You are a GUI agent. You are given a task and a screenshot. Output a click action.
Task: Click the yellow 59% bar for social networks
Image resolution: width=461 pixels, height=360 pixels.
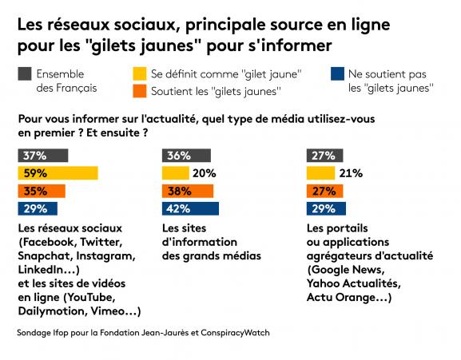point(58,173)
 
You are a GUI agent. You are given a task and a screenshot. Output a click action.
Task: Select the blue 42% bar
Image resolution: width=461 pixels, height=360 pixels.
point(190,208)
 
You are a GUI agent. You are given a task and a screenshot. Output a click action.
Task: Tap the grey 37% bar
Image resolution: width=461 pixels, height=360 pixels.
point(43,156)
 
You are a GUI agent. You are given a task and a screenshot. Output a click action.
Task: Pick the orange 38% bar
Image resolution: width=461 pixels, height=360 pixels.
point(188,191)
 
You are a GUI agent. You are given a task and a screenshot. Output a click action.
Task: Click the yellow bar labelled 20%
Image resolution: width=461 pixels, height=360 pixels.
point(176,173)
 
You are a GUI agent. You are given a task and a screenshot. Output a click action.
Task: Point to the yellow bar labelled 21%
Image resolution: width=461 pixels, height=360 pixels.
point(320,173)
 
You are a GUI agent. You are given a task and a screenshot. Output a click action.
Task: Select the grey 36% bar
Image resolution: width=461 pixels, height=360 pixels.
point(186,156)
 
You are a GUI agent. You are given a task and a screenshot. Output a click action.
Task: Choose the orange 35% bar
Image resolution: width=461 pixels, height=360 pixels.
point(42,191)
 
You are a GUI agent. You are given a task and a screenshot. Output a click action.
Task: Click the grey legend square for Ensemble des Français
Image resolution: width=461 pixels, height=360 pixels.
point(25,73)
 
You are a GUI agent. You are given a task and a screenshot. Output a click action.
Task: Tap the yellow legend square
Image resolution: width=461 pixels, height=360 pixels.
point(140,73)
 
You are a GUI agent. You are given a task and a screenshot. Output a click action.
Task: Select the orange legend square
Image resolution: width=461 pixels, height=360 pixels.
point(140,91)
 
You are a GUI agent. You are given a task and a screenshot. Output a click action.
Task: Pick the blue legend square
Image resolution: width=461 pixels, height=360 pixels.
point(337,73)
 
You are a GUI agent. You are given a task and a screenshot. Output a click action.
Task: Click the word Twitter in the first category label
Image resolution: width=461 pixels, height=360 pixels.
point(101,242)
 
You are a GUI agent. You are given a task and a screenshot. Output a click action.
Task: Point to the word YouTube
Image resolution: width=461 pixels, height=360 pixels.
point(91,298)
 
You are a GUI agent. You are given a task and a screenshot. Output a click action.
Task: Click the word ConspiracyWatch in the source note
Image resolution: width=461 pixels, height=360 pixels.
point(235,333)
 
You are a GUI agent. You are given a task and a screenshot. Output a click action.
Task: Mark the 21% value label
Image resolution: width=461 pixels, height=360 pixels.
point(351,173)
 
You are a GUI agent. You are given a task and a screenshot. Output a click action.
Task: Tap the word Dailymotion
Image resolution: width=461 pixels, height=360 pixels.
point(53,311)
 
